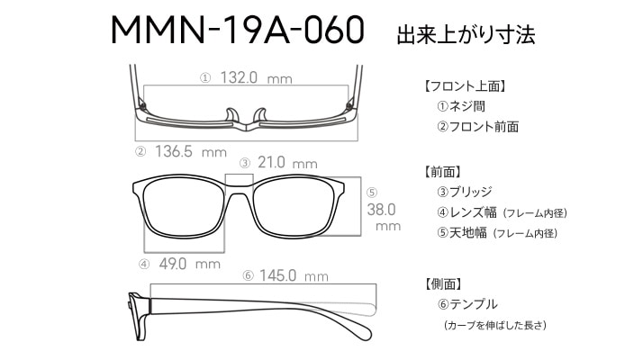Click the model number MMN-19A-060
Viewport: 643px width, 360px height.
point(238,30)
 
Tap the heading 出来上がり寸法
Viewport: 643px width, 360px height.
point(466,34)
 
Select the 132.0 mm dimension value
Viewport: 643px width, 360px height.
point(257,77)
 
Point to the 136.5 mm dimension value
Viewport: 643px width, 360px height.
point(191,152)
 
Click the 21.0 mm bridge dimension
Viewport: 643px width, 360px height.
point(287,163)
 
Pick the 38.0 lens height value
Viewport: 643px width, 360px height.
point(381,210)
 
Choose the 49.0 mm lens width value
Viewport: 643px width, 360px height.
point(189,264)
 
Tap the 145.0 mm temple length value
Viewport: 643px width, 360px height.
point(294,275)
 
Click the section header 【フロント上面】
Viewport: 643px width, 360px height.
point(465,86)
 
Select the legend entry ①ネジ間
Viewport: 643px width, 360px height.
point(461,106)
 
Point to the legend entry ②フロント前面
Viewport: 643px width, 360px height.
point(477,127)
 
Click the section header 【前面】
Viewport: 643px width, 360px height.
point(442,172)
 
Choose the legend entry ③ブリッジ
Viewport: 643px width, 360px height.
point(464,192)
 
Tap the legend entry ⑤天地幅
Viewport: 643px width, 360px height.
point(462,233)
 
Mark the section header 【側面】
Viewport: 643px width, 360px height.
point(442,283)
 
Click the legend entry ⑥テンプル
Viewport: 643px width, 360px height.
point(467,304)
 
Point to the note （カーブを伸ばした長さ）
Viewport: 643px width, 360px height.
point(495,325)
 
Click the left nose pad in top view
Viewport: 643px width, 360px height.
point(232,115)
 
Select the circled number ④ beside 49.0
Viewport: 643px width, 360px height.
point(144,264)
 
